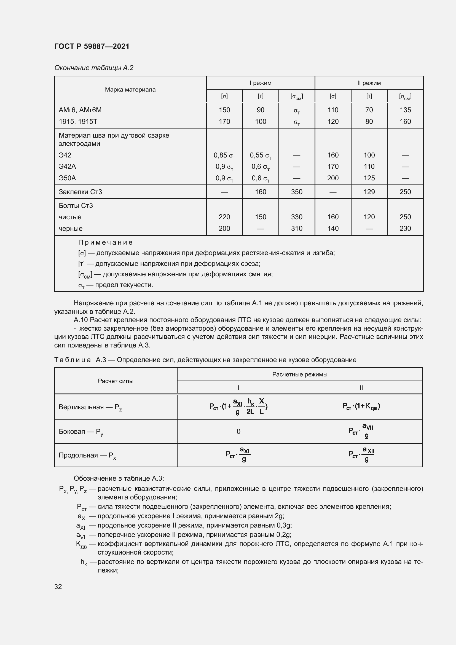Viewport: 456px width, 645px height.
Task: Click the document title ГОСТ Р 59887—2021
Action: (x=92, y=46)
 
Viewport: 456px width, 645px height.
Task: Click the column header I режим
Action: (x=260, y=83)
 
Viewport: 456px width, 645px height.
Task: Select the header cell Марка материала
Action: (x=130, y=90)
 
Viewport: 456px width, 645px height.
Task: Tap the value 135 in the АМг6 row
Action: (x=405, y=110)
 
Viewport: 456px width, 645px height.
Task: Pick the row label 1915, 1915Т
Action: (x=78, y=121)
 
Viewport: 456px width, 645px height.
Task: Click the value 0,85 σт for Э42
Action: (x=224, y=155)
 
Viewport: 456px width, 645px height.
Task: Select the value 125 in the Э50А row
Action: (x=369, y=178)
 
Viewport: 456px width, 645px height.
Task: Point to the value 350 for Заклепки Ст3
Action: (x=297, y=192)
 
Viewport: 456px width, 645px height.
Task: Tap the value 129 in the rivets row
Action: (x=369, y=192)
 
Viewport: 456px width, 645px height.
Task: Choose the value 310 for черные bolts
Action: (x=297, y=228)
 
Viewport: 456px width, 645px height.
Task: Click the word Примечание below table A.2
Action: (x=105, y=242)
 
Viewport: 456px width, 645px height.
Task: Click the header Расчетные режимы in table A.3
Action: (x=300, y=374)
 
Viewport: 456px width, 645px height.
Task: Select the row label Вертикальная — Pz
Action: (x=90, y=407)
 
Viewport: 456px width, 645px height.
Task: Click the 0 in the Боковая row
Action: (x=238, y=432)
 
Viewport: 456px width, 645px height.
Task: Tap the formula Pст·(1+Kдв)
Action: (x=361, y=406)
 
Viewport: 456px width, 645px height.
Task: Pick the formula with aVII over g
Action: (x=361, y=431)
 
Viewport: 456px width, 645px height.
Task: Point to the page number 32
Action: (x=58, y=587)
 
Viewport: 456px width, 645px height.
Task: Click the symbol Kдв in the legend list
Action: (x=81, y=544)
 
